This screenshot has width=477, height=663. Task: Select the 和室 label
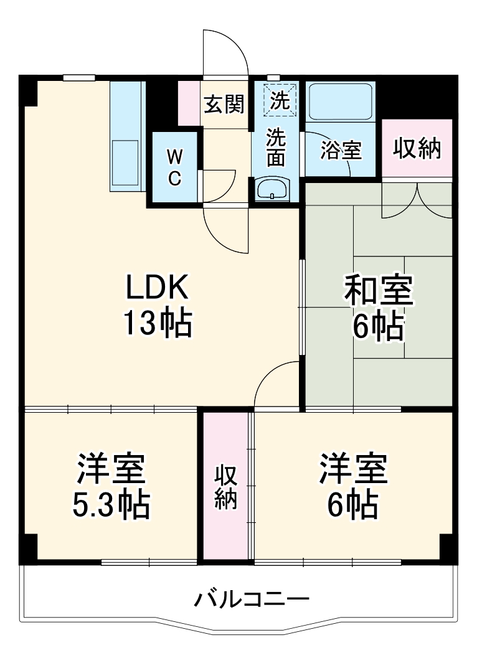tap(379, 291)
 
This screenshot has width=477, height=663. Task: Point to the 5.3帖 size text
tap(111, 505)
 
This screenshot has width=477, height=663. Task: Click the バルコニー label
tap(252, 600)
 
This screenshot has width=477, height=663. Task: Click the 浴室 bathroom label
tap(341, 150)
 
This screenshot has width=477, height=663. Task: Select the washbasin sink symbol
tap(273, 188)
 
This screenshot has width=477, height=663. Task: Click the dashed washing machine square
tap(280, 100)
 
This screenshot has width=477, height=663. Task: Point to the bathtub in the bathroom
tap(341, 102)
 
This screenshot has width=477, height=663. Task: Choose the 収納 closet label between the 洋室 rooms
tap(225, 487)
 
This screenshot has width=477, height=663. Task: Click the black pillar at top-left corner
tap(29, 91)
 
